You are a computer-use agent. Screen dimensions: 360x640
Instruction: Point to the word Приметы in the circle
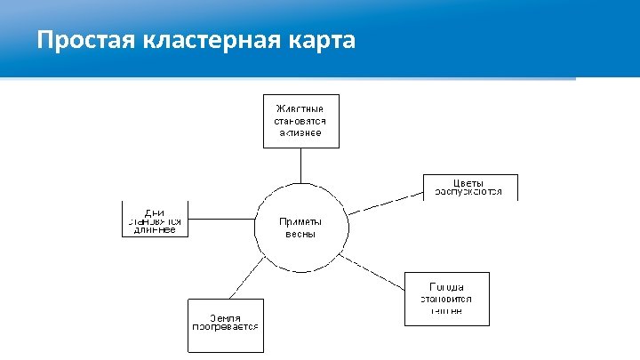click(301, 222)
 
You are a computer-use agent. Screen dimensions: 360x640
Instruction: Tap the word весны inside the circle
click(301, 235)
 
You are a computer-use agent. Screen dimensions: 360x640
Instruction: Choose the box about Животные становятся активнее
click(301, 120)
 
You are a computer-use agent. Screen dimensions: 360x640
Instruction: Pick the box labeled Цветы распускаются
click(470, 187)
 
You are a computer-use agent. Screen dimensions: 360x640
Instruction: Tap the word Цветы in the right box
click(469, 181)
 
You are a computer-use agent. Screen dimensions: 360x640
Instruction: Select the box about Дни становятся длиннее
click(156, 219)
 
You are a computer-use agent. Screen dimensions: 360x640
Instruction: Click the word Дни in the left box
click(155, 212)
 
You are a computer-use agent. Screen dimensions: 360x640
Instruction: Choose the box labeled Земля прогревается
click(226, 324)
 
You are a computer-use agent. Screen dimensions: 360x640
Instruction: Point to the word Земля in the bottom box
click(226, 317)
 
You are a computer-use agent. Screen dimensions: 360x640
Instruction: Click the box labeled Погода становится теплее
click(447, 299)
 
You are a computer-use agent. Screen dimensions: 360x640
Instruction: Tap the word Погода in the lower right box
click(447, 287)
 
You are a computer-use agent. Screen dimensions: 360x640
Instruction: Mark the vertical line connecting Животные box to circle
click(301, 164)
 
